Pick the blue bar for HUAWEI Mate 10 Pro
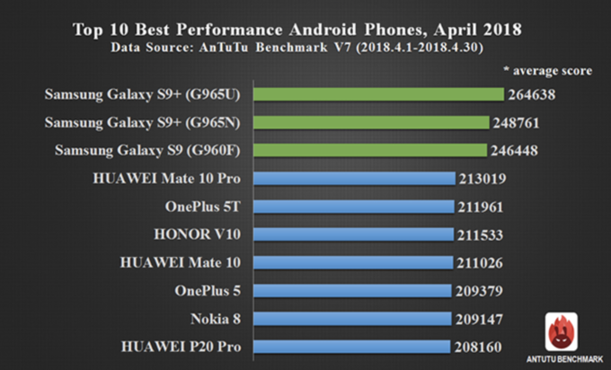pos(354,178)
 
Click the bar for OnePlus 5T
pos(353,207)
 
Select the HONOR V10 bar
pos(353,234)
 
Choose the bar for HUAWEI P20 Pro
pos(351,347)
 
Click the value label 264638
pos(537,93)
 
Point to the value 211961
pos(485,207)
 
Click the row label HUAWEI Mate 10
pos(187,262)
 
